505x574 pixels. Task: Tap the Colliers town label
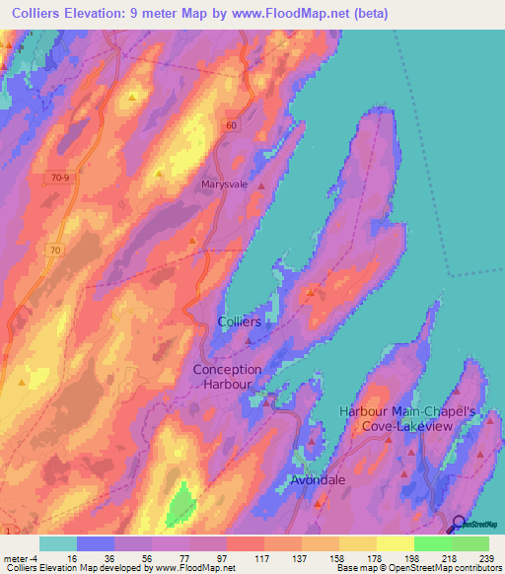tap(239, 323)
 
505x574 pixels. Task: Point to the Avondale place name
tap(318, 480)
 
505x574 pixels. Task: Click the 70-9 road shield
tap(61, 178)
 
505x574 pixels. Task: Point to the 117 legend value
tap(235, 557)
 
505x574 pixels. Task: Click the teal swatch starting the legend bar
tap(58, 543)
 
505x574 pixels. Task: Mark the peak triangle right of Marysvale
tap(261, 185)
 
